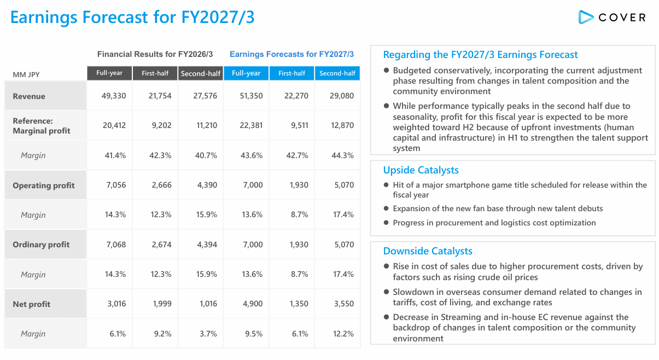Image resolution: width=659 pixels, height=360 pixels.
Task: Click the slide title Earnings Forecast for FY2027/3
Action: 132,17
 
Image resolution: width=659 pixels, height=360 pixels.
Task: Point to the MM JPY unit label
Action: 26,75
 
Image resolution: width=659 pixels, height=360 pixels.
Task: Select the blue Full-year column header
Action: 246,73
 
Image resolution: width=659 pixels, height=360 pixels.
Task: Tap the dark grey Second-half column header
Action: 201,73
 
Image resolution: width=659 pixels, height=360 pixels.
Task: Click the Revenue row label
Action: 29,96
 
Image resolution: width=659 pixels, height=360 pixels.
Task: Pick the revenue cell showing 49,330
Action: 114,96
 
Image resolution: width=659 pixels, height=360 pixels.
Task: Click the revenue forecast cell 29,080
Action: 342,96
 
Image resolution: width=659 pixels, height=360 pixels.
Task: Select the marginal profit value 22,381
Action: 251,125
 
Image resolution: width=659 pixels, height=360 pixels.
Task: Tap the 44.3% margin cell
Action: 342,155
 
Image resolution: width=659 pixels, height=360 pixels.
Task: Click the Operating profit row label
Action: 44,185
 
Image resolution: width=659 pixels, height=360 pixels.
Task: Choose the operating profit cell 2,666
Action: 161,185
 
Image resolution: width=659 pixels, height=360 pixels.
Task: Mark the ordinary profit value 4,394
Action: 207,245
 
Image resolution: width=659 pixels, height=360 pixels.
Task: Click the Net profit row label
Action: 32,304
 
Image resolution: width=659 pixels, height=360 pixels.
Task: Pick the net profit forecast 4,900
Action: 253,304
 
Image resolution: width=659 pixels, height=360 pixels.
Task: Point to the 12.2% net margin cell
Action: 343,334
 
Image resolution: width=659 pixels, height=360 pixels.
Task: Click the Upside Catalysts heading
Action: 421,170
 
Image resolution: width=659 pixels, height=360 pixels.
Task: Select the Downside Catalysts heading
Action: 428,251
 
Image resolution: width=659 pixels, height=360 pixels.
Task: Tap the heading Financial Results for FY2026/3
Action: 155,54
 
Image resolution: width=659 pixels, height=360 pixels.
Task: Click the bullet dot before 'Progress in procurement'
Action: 386,223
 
